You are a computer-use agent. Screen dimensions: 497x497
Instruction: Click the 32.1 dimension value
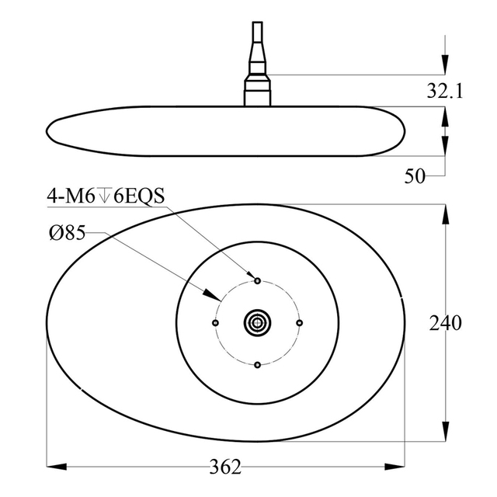pyautogui.click(x=444, y=92)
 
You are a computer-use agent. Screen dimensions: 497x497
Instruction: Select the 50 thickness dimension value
pyautogui.click(x=415, y=176)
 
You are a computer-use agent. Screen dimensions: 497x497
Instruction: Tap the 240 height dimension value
pyautogui.click(x=445, y=322)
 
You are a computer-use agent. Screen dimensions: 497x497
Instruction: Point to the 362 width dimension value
pyautogui.click(x=226, y=467)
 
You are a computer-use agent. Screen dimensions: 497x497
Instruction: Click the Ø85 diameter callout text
pyautogui.click(x=66, y=234)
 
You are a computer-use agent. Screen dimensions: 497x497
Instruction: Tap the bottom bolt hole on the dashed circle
pyautogui.click(x=257, y=364)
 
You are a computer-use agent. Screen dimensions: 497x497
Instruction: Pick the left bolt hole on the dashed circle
pyautogui.click(x=215, y=322)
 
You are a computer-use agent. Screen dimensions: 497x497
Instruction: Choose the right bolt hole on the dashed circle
pyautogui.click(x=299, y=322)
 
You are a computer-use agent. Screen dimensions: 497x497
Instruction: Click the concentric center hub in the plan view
pyautogui.click(x=257, y=322)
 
